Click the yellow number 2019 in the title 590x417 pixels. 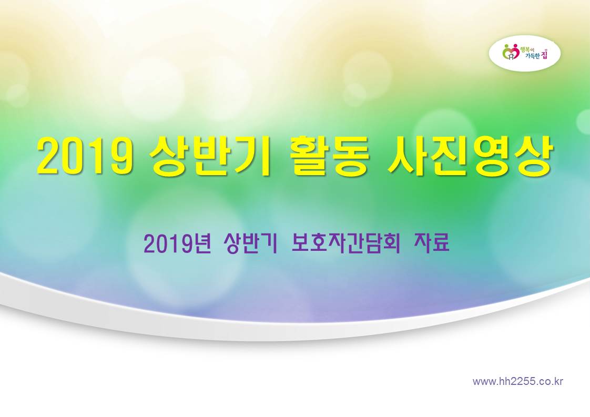coord(85,156)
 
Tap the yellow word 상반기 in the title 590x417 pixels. coord(210,156)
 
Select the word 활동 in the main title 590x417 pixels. coord(329,156)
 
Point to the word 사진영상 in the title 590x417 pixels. coord(470,156)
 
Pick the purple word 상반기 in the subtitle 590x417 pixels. coord(250,243)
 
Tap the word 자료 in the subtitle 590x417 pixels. coord(432,243)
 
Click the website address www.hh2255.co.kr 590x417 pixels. coord(518,381)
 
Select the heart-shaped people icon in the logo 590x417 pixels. coord(511,52)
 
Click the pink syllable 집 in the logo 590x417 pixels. coord(544,54)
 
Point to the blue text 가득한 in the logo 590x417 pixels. coord(532,56)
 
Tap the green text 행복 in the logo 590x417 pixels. coord(525,49)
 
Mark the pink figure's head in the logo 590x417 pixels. coord(515,46)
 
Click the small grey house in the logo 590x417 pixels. coord(511,56)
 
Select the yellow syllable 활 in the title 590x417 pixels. coord(309,156)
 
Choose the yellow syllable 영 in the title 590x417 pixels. coord(491,156)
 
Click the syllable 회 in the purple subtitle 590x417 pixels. coord(391,243)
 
